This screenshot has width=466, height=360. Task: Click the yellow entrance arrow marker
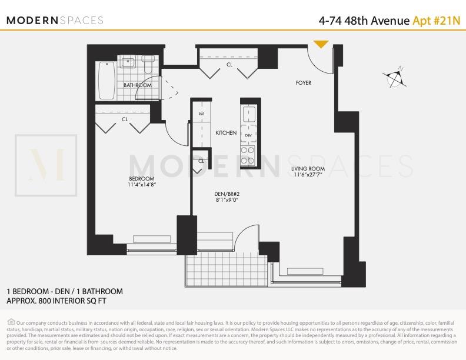coord(321,44)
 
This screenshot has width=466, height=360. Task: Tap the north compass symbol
coord(395,77)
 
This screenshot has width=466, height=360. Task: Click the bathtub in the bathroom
coord(106,81)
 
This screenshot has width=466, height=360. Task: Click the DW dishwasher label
coord(248,135)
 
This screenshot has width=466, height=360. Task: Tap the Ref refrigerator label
coord(201,114)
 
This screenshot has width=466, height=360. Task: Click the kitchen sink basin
coord(249,114)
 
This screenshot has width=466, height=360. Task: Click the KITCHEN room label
coord(226,133)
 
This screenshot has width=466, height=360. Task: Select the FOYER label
coord(304,82)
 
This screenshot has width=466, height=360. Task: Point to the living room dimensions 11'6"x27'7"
coord(308,175)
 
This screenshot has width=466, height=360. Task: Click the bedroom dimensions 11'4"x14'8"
coord(142,185)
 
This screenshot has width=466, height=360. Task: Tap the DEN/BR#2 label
coord(227,194)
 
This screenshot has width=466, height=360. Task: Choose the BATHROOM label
coord(138,85)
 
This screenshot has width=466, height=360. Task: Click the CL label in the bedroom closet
coord(125,119)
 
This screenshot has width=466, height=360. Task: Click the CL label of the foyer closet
coord(229,65)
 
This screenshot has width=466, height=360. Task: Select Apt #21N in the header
coord(436,21)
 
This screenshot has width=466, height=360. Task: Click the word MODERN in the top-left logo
coord(32,21)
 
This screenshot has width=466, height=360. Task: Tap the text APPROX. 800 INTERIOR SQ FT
coord(56,301)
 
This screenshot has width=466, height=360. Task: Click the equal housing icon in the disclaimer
coord(11,322)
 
